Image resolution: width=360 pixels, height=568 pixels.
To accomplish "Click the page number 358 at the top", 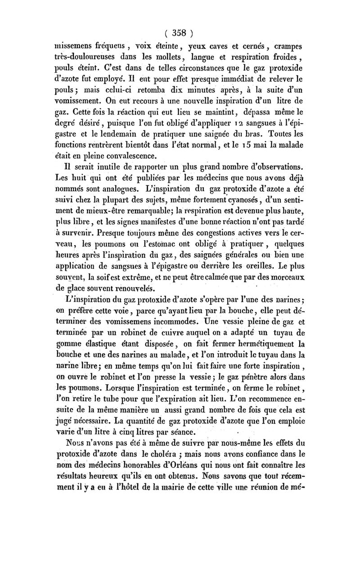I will coord(179,33).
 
